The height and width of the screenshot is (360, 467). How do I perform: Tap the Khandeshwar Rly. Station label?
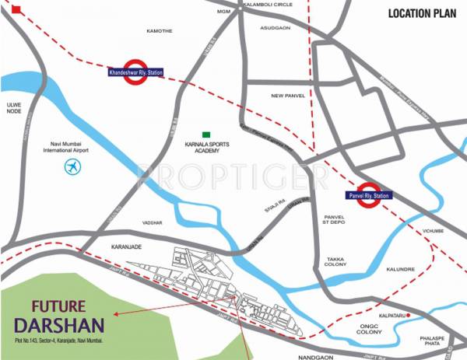[x=140, y=73]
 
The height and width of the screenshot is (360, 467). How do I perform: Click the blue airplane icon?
[x=73, y=166]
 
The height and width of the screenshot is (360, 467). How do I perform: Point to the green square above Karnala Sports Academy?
[x=206, y=135]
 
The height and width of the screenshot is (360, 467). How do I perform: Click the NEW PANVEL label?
[x=286, y=96]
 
